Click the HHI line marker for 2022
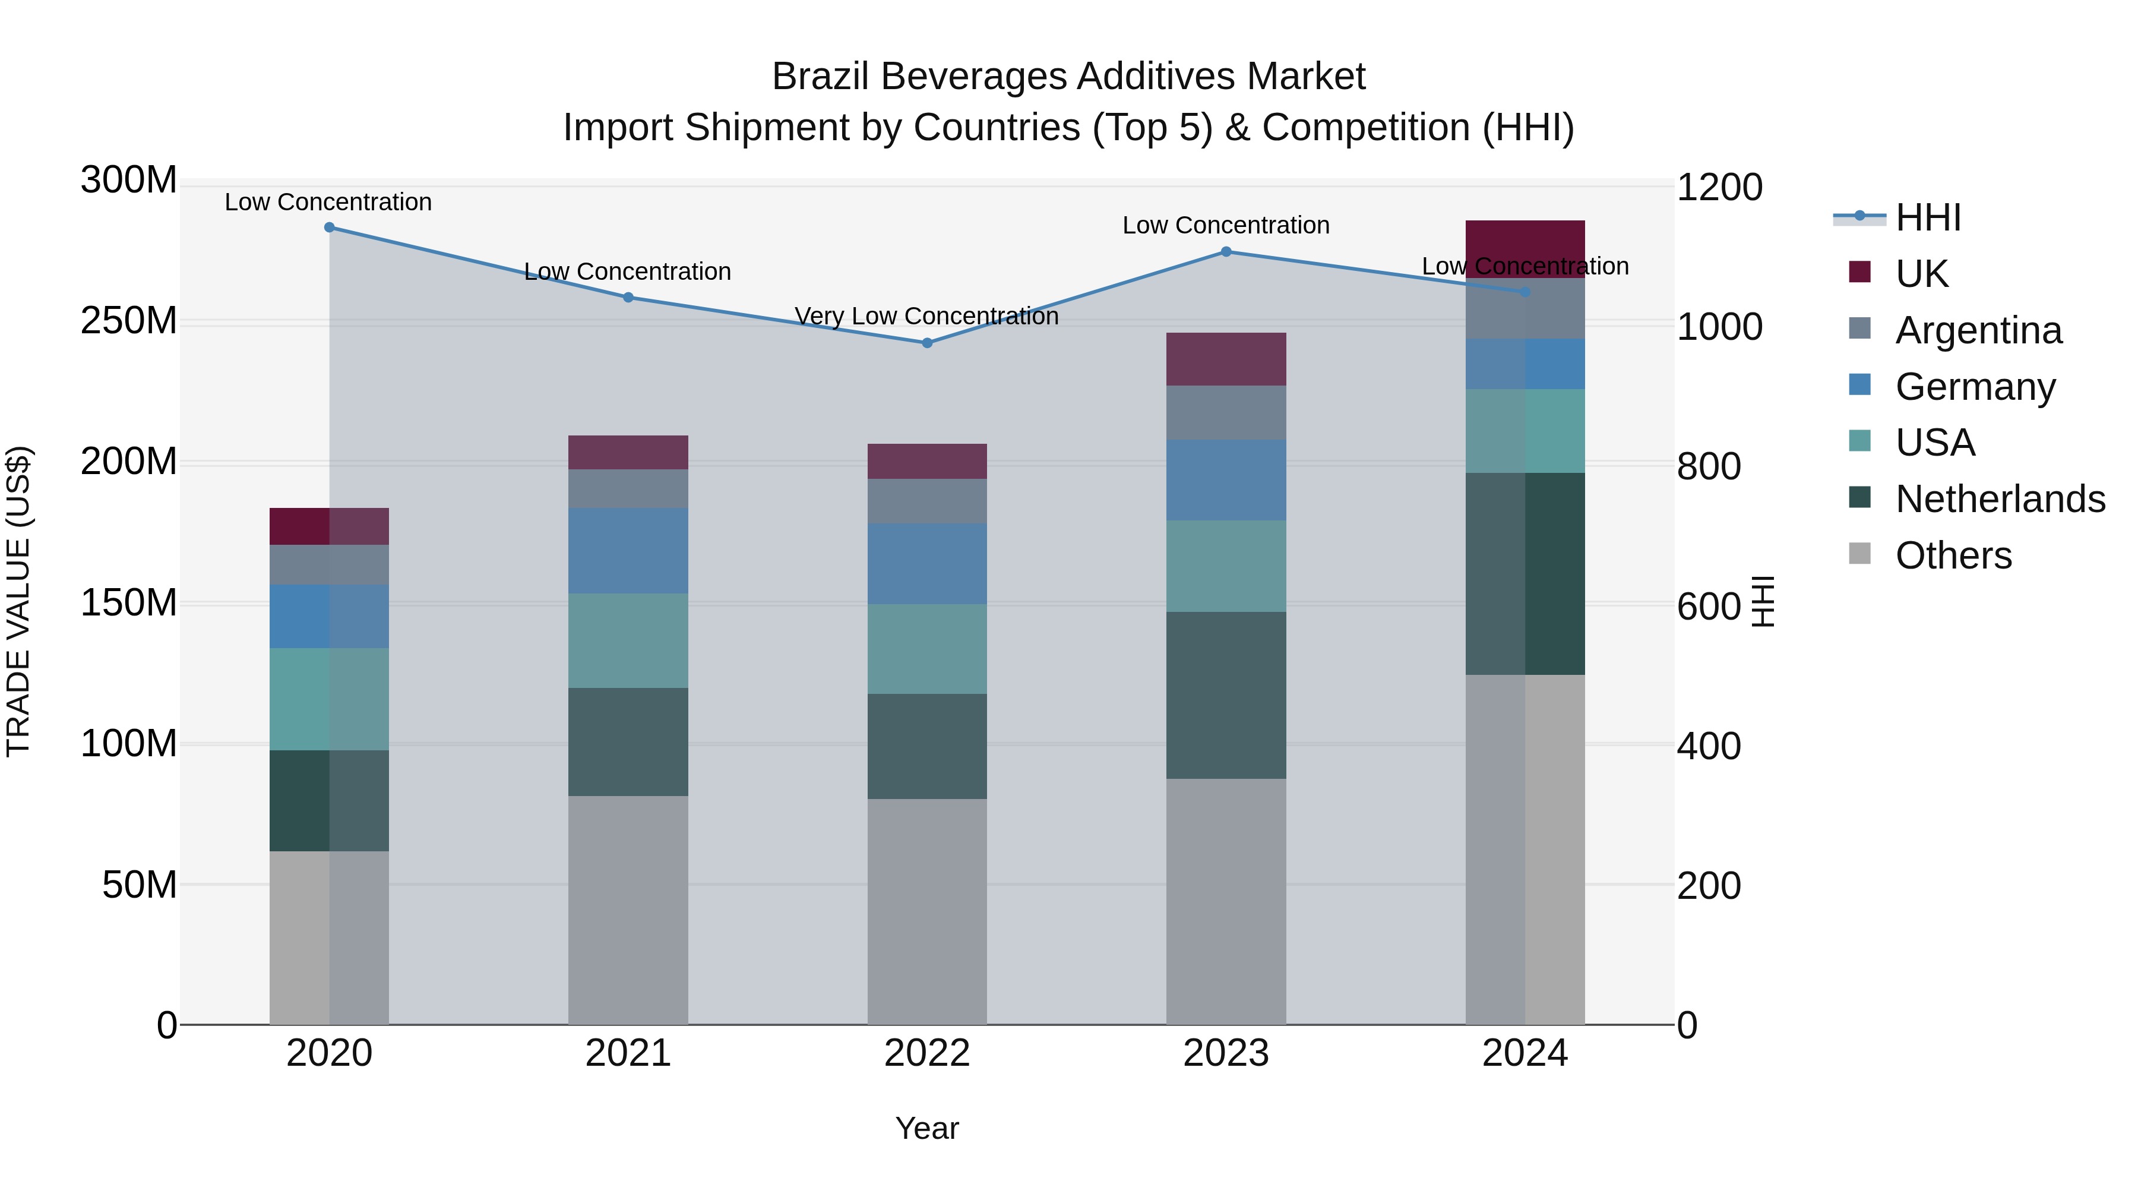(x=927, y=343)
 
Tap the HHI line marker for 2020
(x=330, y=228)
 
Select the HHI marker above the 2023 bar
(x=1226, y=251)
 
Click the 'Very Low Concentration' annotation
(x=926, y=316)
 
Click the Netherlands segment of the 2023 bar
(x=1226, y=695)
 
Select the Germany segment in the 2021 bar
(x=628, y=551)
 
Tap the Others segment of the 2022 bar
(x=927, y=911)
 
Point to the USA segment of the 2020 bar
(x=330, y=699)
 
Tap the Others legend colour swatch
(x=1860, y=554)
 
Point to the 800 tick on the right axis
(x=1708, y=466)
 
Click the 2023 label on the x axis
(x=1226, y=1053)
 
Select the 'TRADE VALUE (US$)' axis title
(x=19, y=601)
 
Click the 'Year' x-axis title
(x=927, y=1128)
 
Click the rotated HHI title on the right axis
(x=1763, y=601)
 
